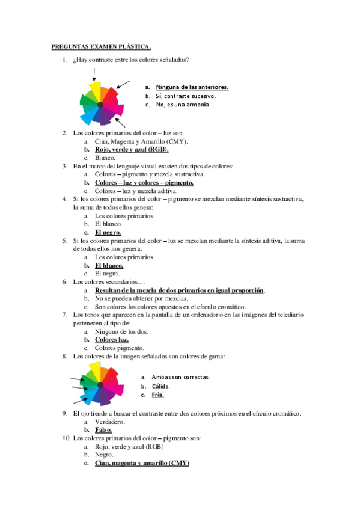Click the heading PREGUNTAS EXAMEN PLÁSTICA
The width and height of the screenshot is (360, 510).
(100, 45)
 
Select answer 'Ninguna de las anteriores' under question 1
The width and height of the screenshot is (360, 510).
(192, 87)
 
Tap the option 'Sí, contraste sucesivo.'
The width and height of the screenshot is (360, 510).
(186, 96)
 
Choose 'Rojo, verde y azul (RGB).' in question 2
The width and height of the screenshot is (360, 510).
(132, 150)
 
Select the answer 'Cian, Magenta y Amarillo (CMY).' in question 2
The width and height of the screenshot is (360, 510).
(141, 141)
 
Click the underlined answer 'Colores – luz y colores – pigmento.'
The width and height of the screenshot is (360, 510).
(144, 183)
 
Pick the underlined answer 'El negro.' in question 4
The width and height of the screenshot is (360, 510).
(108, 232)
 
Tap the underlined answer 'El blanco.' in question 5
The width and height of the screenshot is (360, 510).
(109, 265)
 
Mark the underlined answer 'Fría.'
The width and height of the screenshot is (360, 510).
(157, 395)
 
